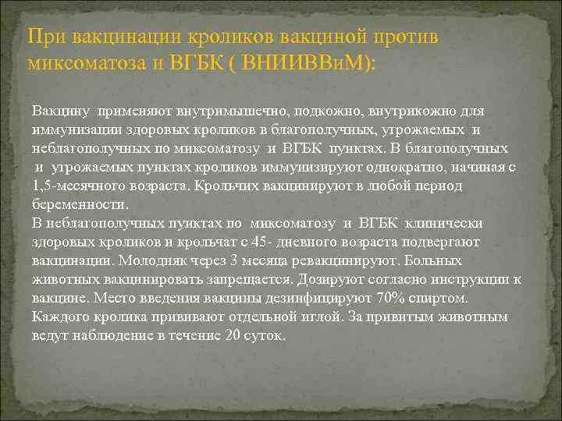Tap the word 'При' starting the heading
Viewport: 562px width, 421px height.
[x=44, y=37]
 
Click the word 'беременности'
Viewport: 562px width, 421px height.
[x=79, y=205]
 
